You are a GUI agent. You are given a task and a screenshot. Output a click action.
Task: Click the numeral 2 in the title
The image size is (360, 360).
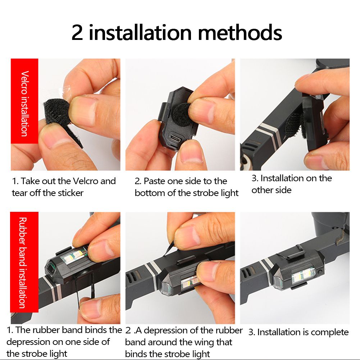(x=78, y=33)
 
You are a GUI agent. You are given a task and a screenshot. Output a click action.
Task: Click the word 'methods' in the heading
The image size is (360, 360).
(x=240, y=33)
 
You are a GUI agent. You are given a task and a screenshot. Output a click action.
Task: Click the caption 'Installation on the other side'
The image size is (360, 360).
(x=291, y=184)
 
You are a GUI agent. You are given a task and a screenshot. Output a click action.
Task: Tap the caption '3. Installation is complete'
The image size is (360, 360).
(x=298, y=332)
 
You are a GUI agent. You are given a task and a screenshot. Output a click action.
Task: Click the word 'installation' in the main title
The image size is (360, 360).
(x=140, y=33)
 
